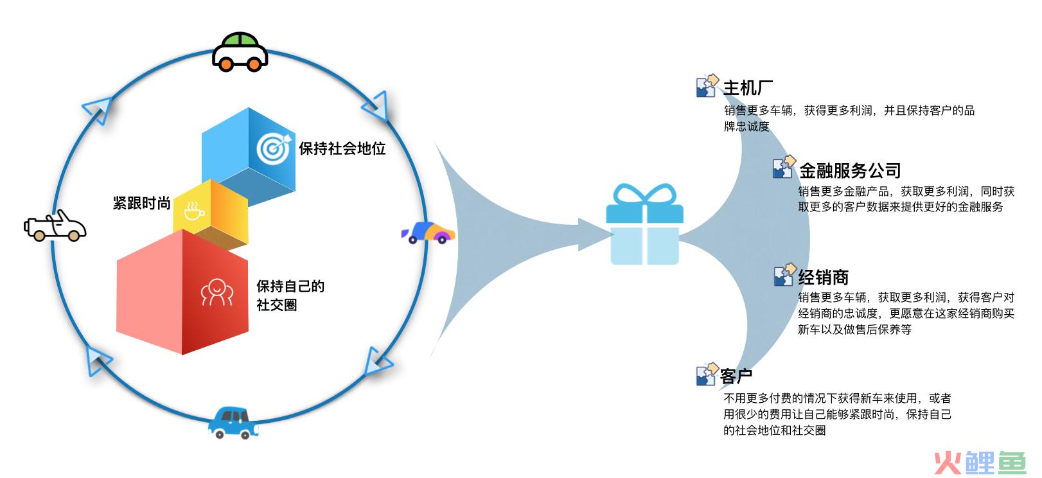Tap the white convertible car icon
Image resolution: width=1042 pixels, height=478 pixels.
pyautogui.click(x=55, y=226)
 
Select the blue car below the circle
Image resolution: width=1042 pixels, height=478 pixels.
pyautogui.click(x=232, y=422)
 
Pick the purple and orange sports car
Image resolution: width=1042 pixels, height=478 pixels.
pyautogui.click(x=428, y=232)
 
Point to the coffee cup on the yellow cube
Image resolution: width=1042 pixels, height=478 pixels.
pyautogui.click(x=193, y=211)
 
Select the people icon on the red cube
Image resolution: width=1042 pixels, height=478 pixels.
pyautogui.click(x=216, y=293)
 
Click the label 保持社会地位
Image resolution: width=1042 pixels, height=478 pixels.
pyautogui.click(x=342, y=149)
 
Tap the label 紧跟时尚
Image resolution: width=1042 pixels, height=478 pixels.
pyautogui.click(x=141, y=204)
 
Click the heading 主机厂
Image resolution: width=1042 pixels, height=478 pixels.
pyautogui.click(x=748, y=88)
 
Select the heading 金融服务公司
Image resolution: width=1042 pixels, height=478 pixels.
pyautogui.click(x=850, y=170)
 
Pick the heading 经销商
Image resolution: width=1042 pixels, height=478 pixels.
pyautogui.click(x=824, y=278)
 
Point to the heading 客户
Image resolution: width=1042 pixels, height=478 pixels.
pyautogui.click(x=736, y=376)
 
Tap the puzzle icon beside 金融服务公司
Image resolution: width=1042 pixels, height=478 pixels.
pyautogui.click(x=783, y=168)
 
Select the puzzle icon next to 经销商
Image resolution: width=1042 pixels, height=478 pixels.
pyautogui.click(x=784, y=276)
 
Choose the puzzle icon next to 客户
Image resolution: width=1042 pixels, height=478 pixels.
pyautogui.click(x=707, y=374)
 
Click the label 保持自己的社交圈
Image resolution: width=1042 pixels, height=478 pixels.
pyautogui.click(x=290, y=296)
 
